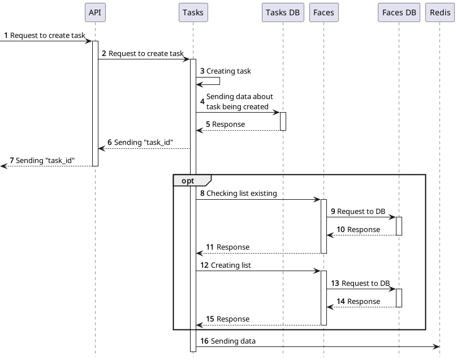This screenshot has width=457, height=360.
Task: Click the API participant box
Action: [x=95, y=12]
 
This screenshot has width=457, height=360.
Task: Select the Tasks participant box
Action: [x=193, y=12]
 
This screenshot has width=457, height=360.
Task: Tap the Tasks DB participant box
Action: [x=283, y=12]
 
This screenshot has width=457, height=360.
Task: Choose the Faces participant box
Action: [x=324, y=12]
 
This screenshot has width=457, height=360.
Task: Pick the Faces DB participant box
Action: [x=399, y=12]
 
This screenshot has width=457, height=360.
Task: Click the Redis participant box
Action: [x=439, y=12]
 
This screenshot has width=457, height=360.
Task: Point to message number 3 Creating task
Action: [x=225, y=71]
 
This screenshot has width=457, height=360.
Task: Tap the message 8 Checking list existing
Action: [x=238, y=193]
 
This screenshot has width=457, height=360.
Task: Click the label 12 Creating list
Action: [x=225, y=265]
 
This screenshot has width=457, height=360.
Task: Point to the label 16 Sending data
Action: [x=227, y=341]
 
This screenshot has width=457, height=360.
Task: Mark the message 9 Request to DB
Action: [x=357, y=211]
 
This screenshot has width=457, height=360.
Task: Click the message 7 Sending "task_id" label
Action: [x=42, y=160]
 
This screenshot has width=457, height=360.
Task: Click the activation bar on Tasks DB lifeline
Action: [x=283, y=121]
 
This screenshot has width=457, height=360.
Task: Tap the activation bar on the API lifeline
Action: [x=95, y=103]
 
